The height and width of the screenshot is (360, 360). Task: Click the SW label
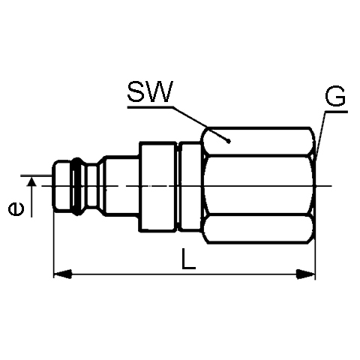pyautogui.click(x=150, y=91)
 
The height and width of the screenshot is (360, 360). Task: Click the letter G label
pyautogui.click(x=335, y=96)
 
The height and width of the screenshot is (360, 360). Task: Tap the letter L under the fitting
pyautogui.click(x=188, y=259)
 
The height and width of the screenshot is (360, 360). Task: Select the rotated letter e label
pyautogui.click(x=16, y=209)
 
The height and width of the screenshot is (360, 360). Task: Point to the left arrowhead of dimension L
pyautogui.click(x=62, y=274)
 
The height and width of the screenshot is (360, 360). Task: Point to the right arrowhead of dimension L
pyautogui.click(x=305, y=274)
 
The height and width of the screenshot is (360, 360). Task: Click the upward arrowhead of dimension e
pyautogui.click(x=31, y=181)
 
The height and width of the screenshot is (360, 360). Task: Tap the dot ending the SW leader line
pyautogui.click(x=228, y=142)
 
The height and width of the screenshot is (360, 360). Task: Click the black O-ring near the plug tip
pyautogui.click(x=77, y=187)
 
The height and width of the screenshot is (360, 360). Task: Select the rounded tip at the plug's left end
pyautogui.click(x=61, y=187)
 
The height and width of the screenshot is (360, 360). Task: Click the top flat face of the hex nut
pyautogui.click(x=258, y=142)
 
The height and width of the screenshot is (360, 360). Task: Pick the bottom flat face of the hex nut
pyautogui.click(x=258, y=229)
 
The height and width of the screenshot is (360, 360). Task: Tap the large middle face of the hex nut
pyautogui.click(x=258, y=185)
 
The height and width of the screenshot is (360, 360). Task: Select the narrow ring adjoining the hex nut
pyautogui.click(x=190, y=186)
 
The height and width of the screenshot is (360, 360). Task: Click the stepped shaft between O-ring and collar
pyautogui.click(x=121, y=186)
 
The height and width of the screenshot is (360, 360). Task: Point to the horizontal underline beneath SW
pyautogui.click(x=150, y=107)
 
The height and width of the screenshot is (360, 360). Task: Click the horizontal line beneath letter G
pyautogui.click(x=336, y=112)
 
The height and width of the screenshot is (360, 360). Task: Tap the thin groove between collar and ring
pyautogui.click(x=178, y=187)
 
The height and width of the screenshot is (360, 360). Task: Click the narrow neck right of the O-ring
pyautogui.click(x=91, y=187)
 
